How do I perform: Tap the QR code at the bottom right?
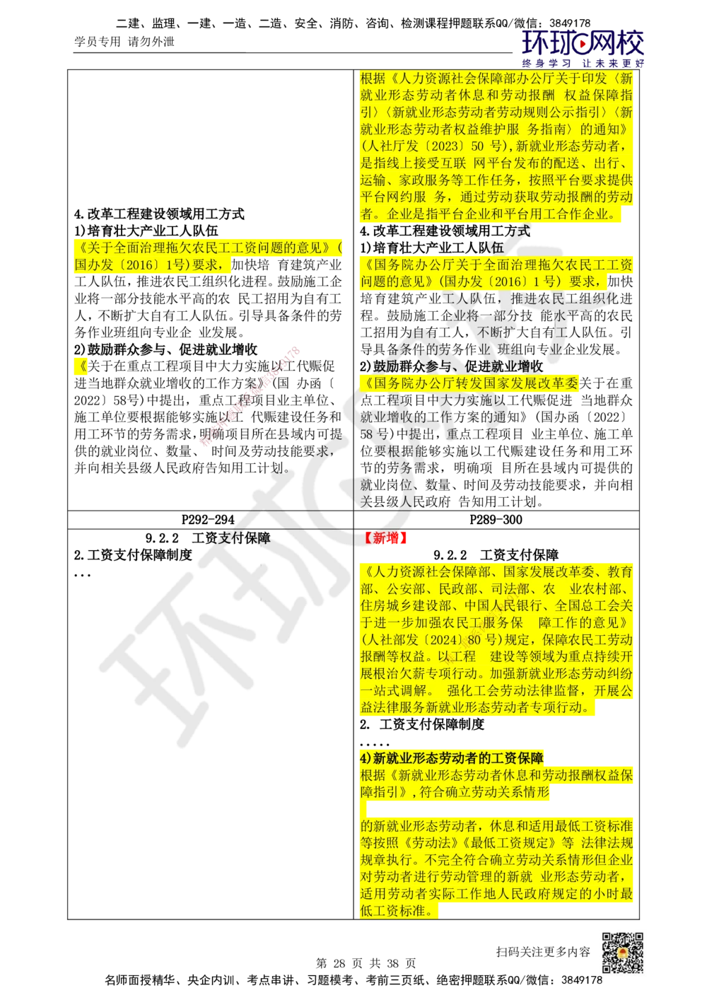pos(622,952)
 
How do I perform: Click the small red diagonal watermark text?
pos(249,397)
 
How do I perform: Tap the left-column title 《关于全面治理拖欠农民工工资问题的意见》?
pos(205,248)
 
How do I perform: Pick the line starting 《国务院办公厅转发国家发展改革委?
pos(469,384)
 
